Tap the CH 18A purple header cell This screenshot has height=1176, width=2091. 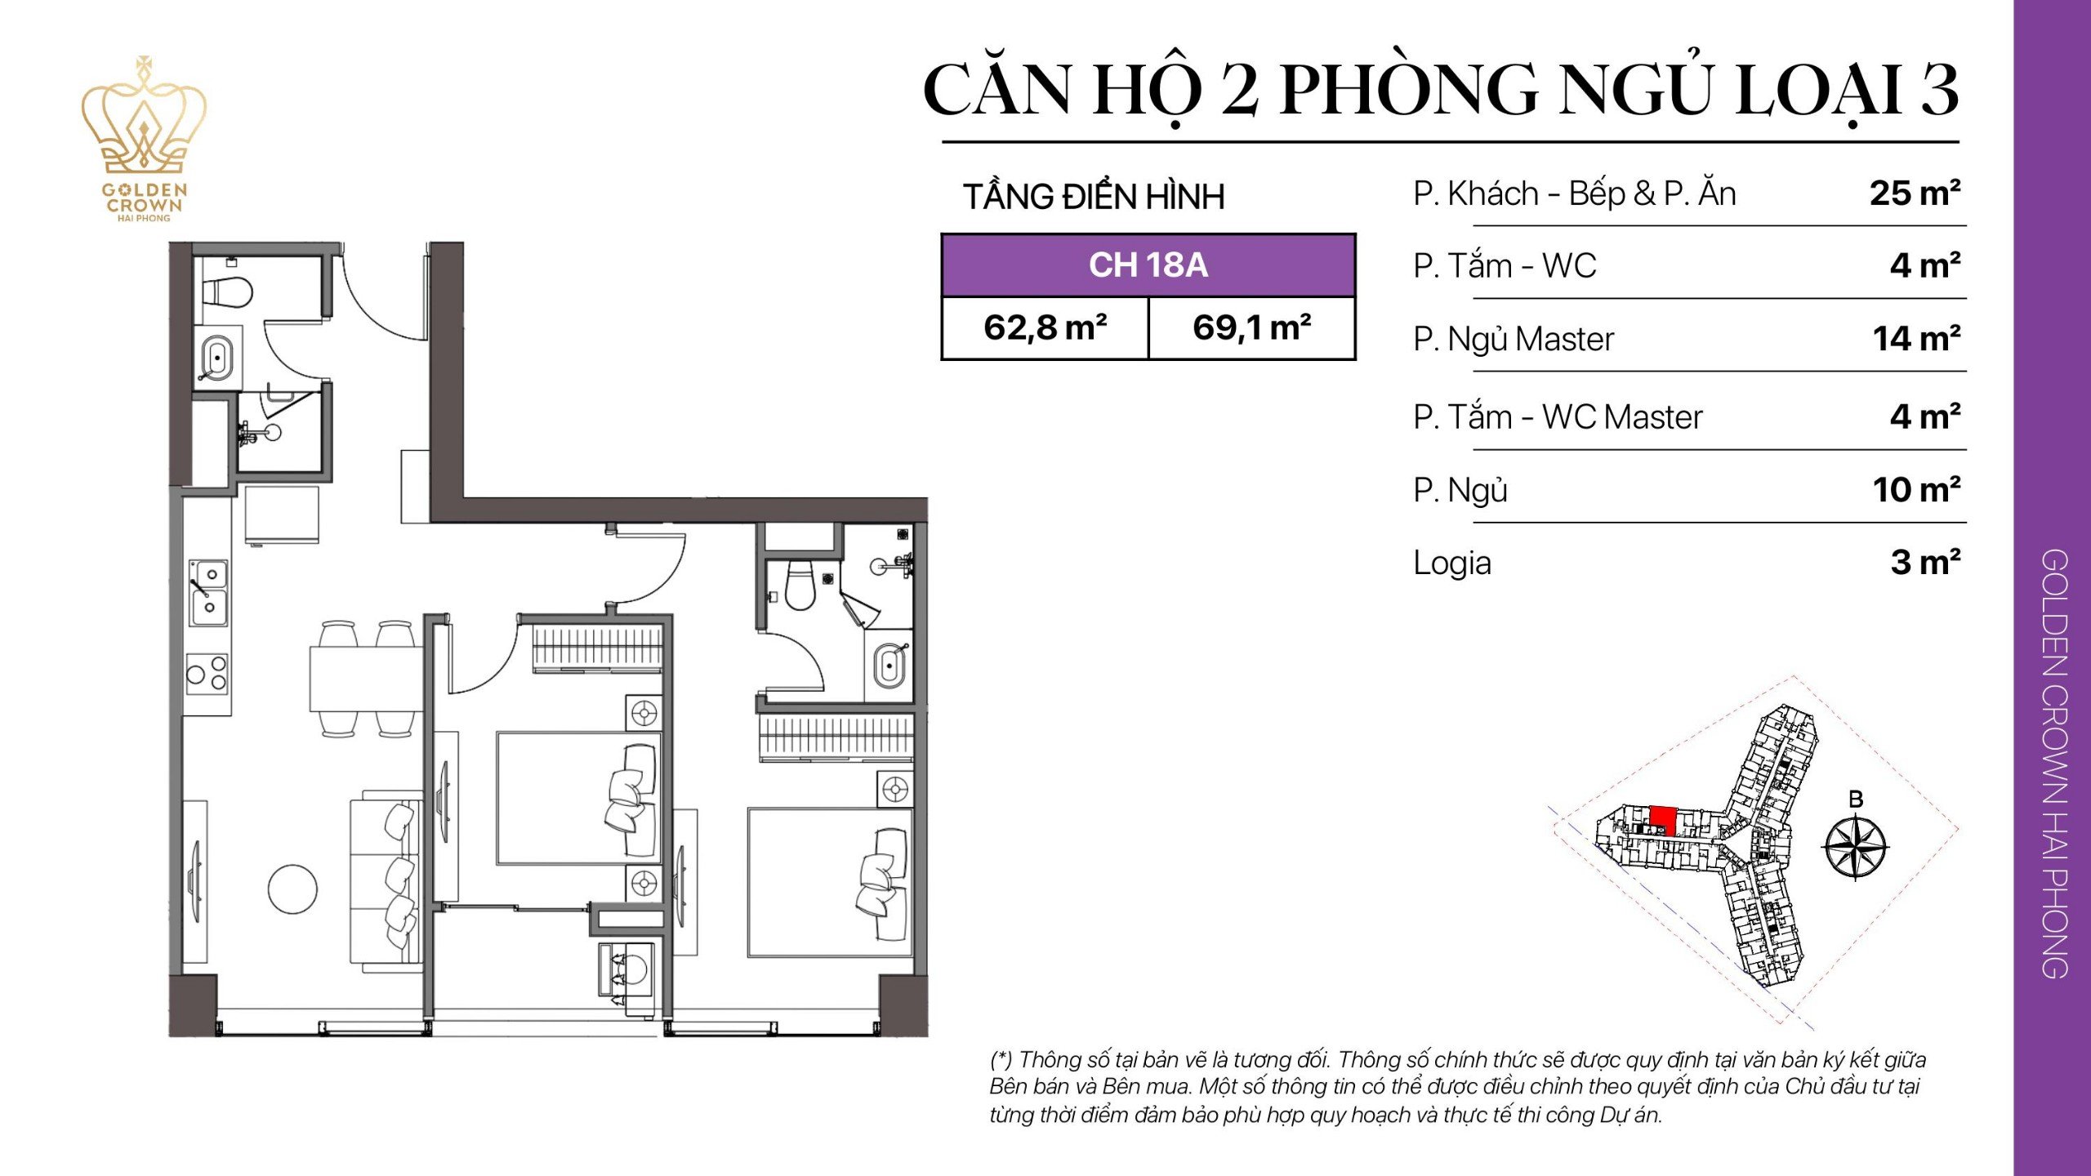point(1148,265)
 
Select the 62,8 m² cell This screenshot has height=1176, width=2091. point(1045,328)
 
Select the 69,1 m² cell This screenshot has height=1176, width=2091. point(1251,328)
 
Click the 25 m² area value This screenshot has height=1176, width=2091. point(1914,194)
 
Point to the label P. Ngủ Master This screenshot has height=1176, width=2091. point(1513,339)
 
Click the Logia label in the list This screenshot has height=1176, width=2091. point(1451,563)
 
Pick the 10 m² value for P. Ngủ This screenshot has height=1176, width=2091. point(1915,490)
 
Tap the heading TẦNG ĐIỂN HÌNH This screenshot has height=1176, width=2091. point(1094,197)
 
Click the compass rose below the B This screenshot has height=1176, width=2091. point(1855,847)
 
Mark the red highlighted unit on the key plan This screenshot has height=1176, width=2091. point(1663,819)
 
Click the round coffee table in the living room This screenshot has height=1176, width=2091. point(292,889)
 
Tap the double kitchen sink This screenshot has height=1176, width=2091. point(208,592)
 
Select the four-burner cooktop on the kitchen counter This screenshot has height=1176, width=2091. point(207,673)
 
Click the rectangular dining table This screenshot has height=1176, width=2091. point(364,678)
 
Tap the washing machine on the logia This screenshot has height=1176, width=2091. point(627,970)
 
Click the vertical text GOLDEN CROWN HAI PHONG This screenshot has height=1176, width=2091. point(2053,764)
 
